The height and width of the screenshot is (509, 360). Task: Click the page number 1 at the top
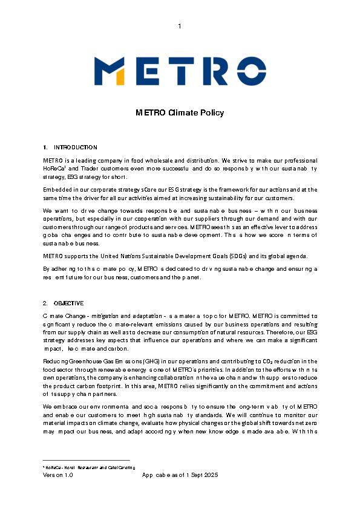(x=180, y=25)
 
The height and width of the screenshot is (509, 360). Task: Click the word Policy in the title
(x=212, y=112)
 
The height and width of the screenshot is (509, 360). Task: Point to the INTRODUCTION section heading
(x=75, y=148)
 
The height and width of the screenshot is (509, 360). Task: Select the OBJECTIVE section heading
(x=68, y=303)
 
